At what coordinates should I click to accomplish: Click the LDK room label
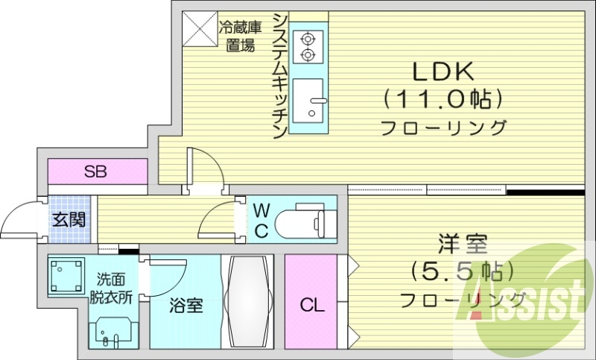point(444,72)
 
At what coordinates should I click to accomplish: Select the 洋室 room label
point(462,244)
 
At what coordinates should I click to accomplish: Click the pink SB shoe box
point(95,172)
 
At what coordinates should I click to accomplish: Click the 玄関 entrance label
point(69,219)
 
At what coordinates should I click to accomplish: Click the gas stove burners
point(307,45)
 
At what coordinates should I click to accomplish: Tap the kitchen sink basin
point(307,101)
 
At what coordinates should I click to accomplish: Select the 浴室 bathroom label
point(186,306)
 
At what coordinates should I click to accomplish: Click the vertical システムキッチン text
point(280,75)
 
